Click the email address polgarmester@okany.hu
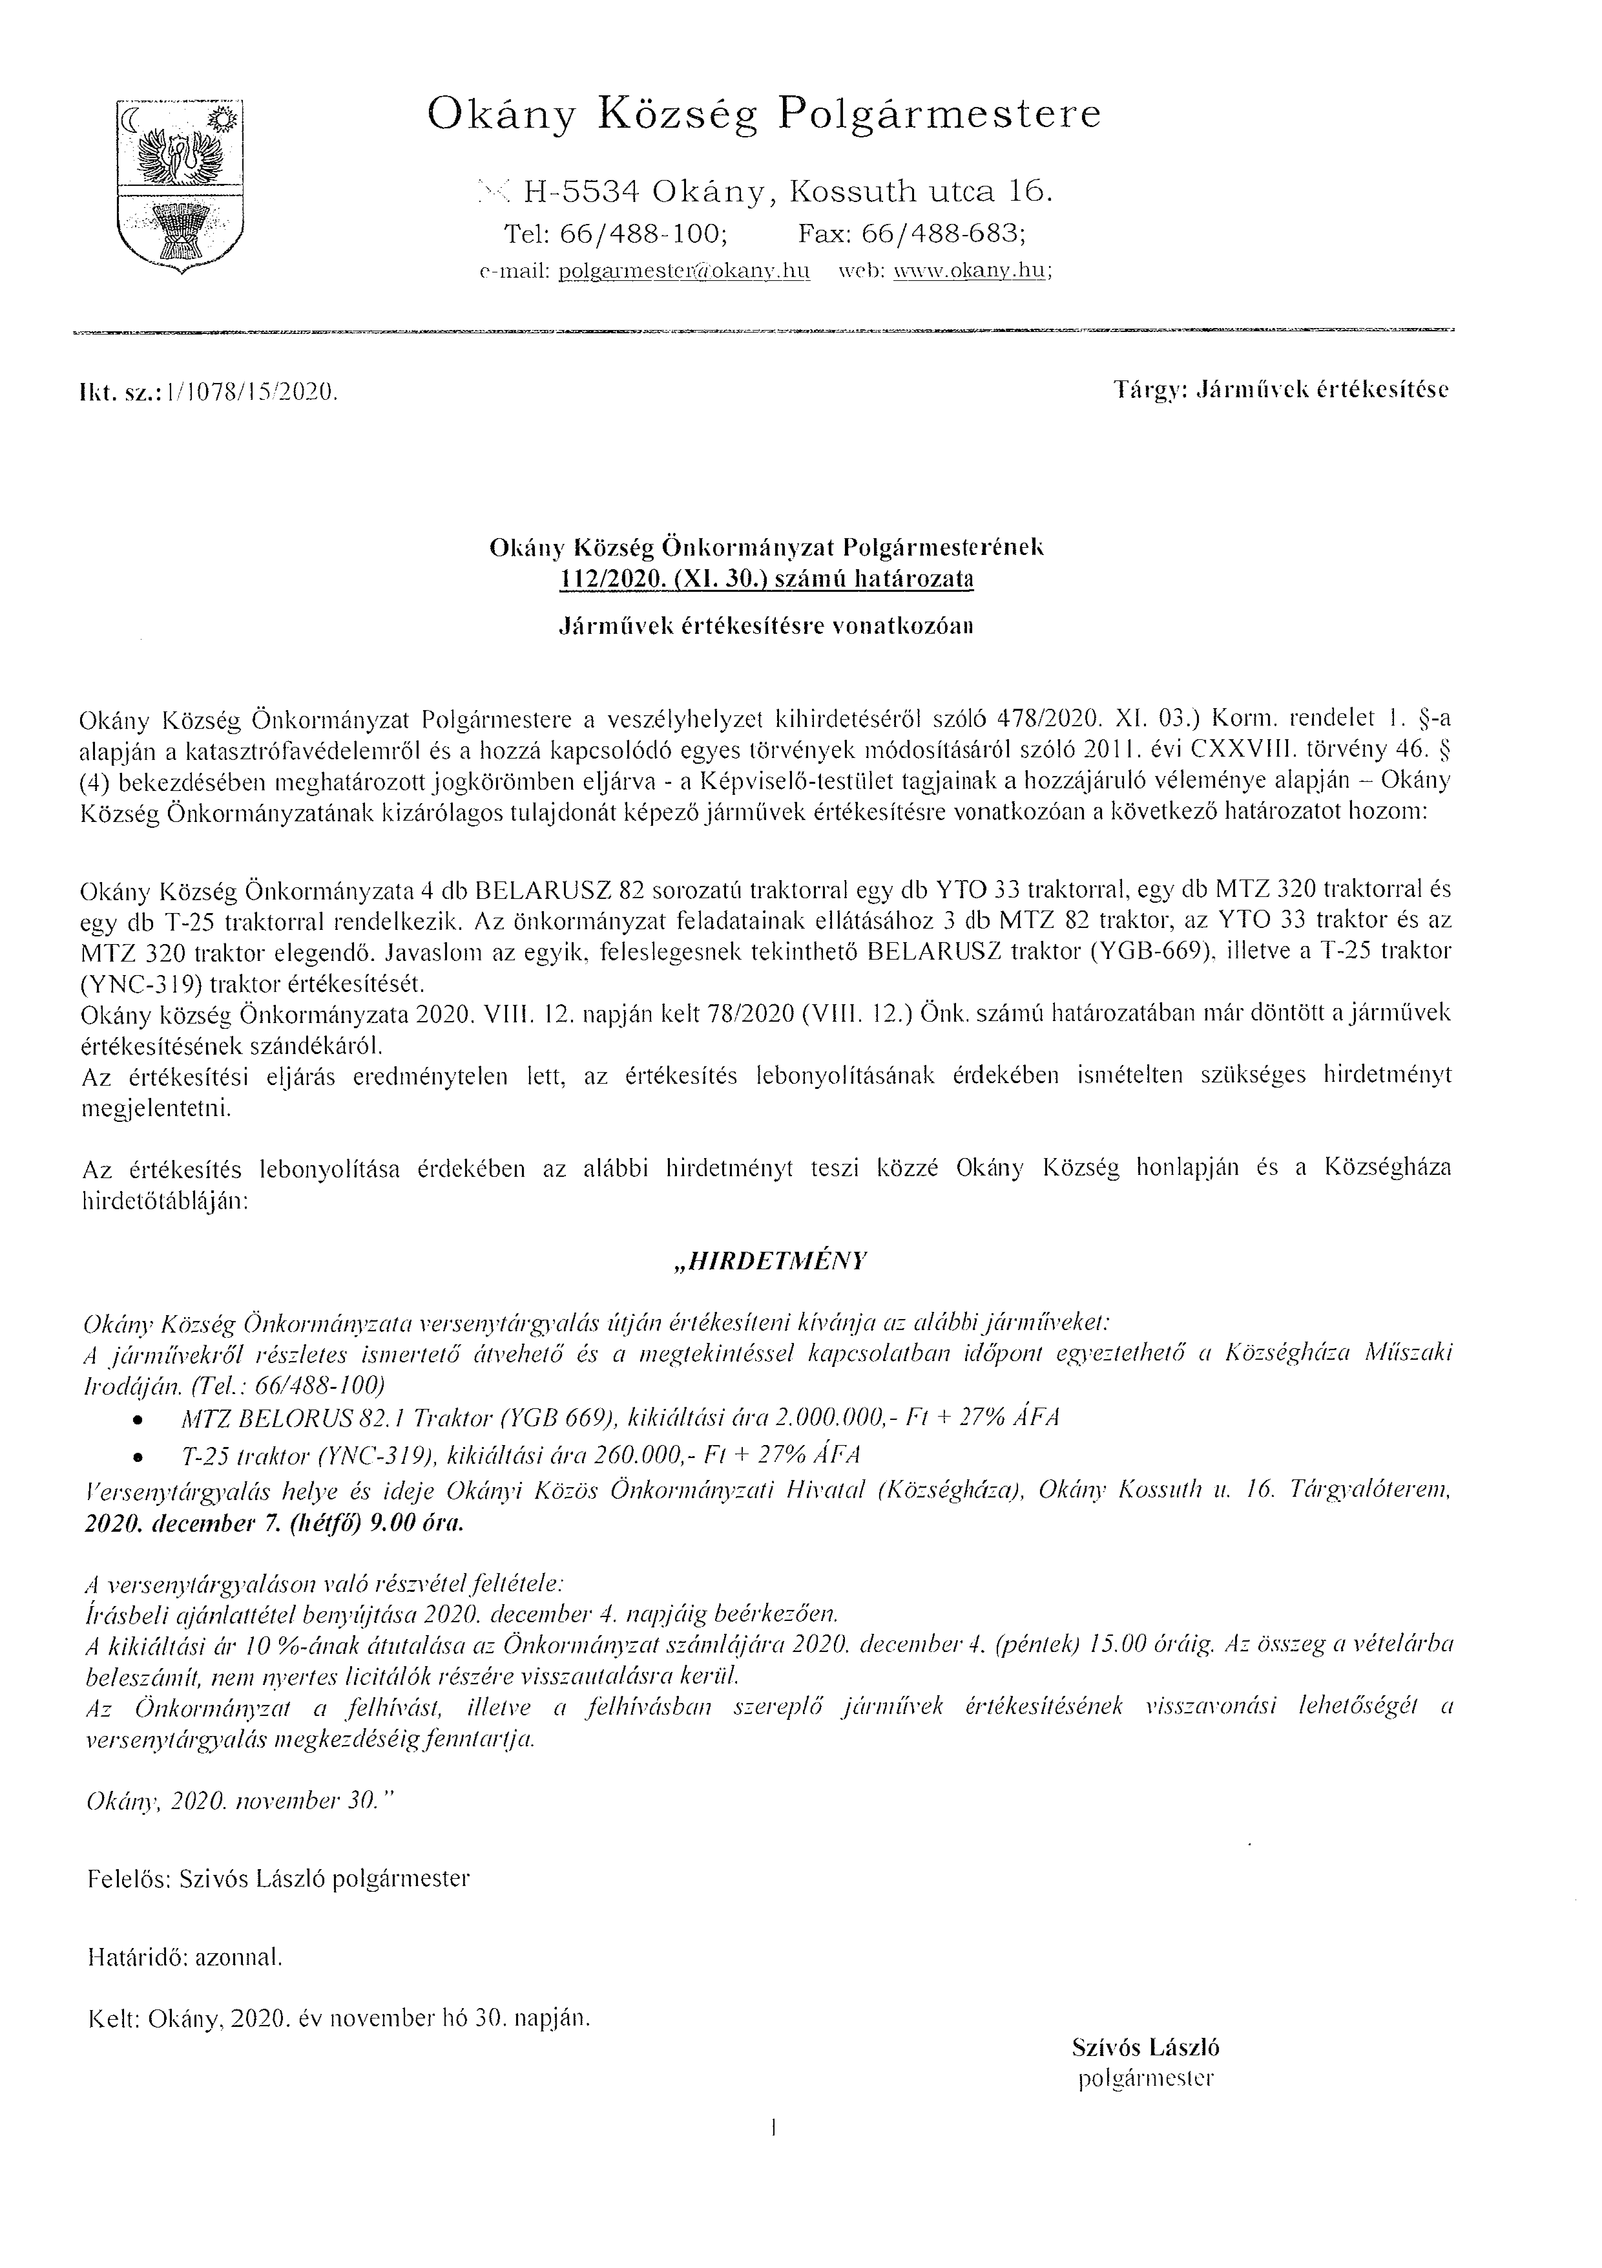click(683, 273)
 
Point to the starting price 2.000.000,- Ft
click(856, 1419)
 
